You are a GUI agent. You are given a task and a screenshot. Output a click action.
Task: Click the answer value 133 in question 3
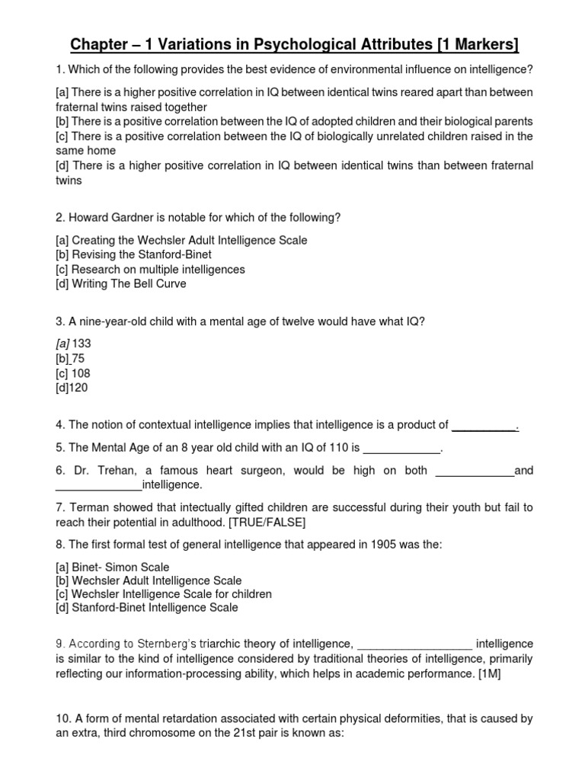82,344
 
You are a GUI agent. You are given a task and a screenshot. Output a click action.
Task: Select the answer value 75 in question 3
78,358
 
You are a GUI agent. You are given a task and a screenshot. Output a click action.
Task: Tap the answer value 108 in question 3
82,373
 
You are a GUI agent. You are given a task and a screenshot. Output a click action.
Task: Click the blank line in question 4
484,425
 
